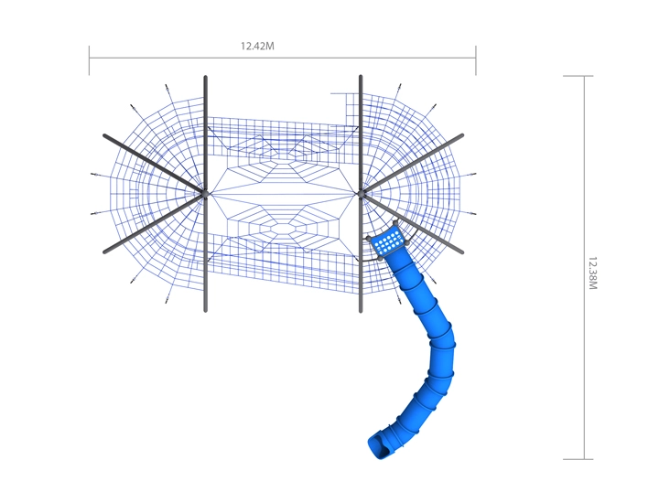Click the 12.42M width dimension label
point(257,46)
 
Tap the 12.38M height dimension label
point(592,273)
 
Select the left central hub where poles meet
point(205,194)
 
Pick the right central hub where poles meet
point(361,194)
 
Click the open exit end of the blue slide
point(381,447)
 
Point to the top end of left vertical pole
point(206,77)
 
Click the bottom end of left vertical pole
point(206,310)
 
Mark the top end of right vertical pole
point(361,77)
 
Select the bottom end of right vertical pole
point(361,311)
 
